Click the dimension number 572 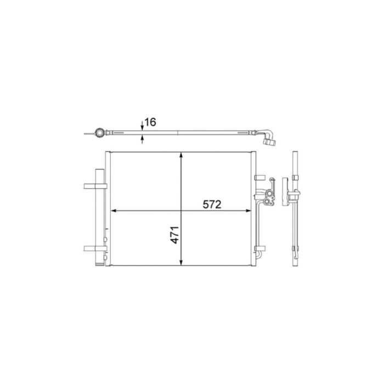211,205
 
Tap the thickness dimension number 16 150,122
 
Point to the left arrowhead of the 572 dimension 115,211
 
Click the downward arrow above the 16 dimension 143,126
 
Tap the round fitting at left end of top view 99,132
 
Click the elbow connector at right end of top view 270,137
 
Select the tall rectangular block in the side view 285,191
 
